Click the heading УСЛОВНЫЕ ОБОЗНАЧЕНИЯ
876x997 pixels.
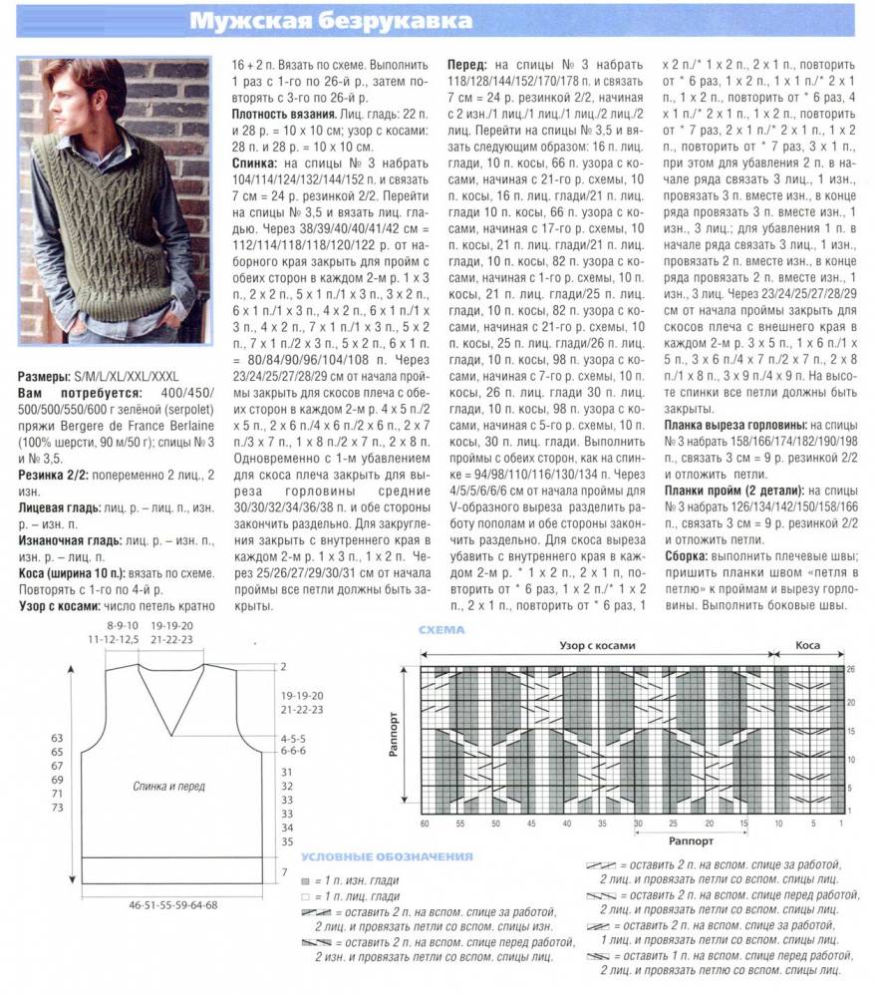click(387, 857)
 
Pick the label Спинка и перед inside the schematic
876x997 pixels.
click(168, 786)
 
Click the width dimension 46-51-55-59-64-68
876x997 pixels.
click(172, 905)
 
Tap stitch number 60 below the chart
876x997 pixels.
click(425, 824)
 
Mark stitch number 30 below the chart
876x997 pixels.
click(638, 824)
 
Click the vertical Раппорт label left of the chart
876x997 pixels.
click(397, 733)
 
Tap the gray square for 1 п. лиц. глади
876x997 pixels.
click(318, 881)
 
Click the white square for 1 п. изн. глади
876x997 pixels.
click(318, 897)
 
